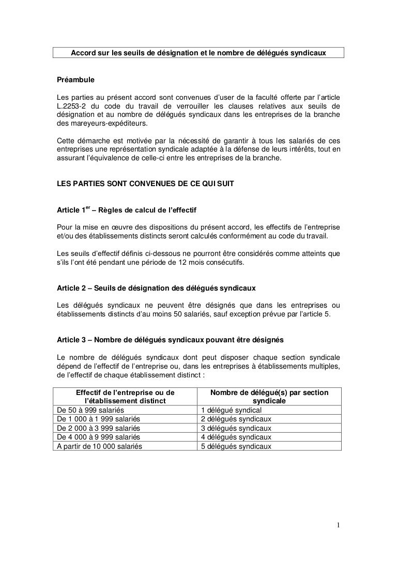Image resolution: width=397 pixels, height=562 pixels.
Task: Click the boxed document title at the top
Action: [x=199, y=54]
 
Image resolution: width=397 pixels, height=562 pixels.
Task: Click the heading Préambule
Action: [x=75, y=81]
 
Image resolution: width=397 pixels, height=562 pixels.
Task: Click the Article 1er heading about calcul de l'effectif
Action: [x=126, y=210]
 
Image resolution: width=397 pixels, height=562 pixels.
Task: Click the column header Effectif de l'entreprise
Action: [x=125, y=397]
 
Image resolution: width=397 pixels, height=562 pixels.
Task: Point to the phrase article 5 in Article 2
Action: [x=315, y=312]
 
